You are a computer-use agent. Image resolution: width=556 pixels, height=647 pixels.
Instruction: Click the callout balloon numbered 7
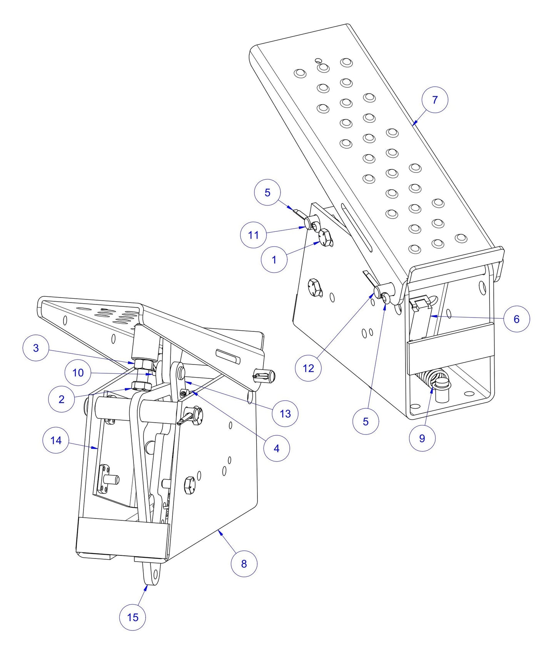(435, 100)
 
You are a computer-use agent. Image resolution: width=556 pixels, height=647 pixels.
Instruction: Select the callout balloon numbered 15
(132, 617)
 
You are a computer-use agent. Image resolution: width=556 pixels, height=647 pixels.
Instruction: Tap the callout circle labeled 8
(244, 563)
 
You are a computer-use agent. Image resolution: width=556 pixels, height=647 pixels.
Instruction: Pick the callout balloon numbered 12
(308, 368)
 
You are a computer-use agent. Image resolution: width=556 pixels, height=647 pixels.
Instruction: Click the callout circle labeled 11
(253, 235)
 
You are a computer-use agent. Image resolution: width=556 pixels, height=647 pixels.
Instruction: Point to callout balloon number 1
(274, 260)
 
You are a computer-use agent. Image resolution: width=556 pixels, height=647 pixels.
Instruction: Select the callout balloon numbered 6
(516, 319)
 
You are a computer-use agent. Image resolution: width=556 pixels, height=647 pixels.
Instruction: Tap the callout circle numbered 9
(422, 438)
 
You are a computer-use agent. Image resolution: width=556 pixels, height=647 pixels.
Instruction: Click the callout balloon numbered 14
(56, 440)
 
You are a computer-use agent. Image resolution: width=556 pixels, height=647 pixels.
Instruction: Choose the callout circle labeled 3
(36, 348)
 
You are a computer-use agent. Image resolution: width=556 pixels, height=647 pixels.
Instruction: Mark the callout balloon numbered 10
(78, 373)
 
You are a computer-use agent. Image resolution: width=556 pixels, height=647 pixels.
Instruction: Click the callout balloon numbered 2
(62, 399)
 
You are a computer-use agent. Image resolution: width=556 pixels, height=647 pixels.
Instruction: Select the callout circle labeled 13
(285, 414)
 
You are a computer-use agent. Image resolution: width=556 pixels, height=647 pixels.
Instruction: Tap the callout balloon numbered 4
(276, 448)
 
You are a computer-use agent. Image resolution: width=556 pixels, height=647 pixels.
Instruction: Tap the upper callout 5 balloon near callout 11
(267, 192)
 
